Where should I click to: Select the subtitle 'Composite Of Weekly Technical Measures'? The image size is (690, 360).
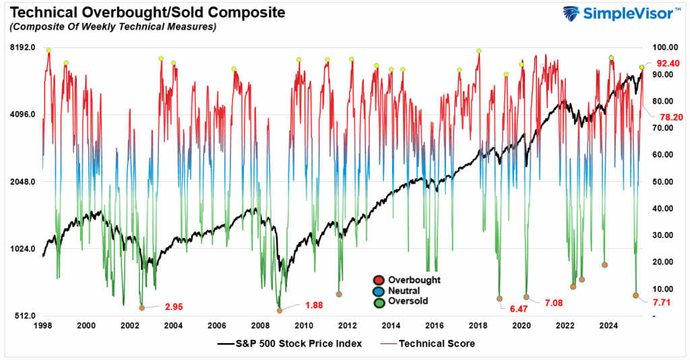click(x=112, y=27)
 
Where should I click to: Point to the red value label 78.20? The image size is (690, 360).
click(x=670, y=117)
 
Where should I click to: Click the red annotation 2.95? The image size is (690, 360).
click(x=175, y=307)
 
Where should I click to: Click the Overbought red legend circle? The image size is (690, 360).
click(x=378, y=280)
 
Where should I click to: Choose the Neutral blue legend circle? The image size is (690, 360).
click(x=378, y=291)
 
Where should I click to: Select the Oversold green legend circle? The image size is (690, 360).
click(x=378, y=301)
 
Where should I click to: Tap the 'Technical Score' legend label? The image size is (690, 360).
click(x=437, y=344)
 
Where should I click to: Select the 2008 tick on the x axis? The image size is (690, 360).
click(x=260, y=326)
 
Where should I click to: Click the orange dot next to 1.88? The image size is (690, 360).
click(x=280, y=311)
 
